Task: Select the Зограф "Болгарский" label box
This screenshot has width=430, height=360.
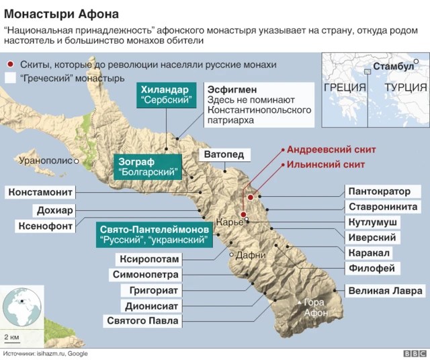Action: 148,167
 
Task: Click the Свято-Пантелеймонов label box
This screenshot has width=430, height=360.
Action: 153,234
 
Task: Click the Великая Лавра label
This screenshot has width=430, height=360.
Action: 385,291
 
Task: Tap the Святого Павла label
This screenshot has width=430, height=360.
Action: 142,321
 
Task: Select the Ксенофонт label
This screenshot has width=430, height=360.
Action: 45,226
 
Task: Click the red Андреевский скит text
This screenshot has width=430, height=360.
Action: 331,150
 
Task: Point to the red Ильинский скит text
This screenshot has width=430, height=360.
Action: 326,164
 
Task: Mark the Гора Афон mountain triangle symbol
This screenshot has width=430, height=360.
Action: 299,304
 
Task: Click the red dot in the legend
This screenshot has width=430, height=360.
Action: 9,64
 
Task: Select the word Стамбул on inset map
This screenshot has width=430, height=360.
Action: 393,66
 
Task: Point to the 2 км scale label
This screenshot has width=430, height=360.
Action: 11,335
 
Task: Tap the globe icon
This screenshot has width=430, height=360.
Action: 23,307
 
